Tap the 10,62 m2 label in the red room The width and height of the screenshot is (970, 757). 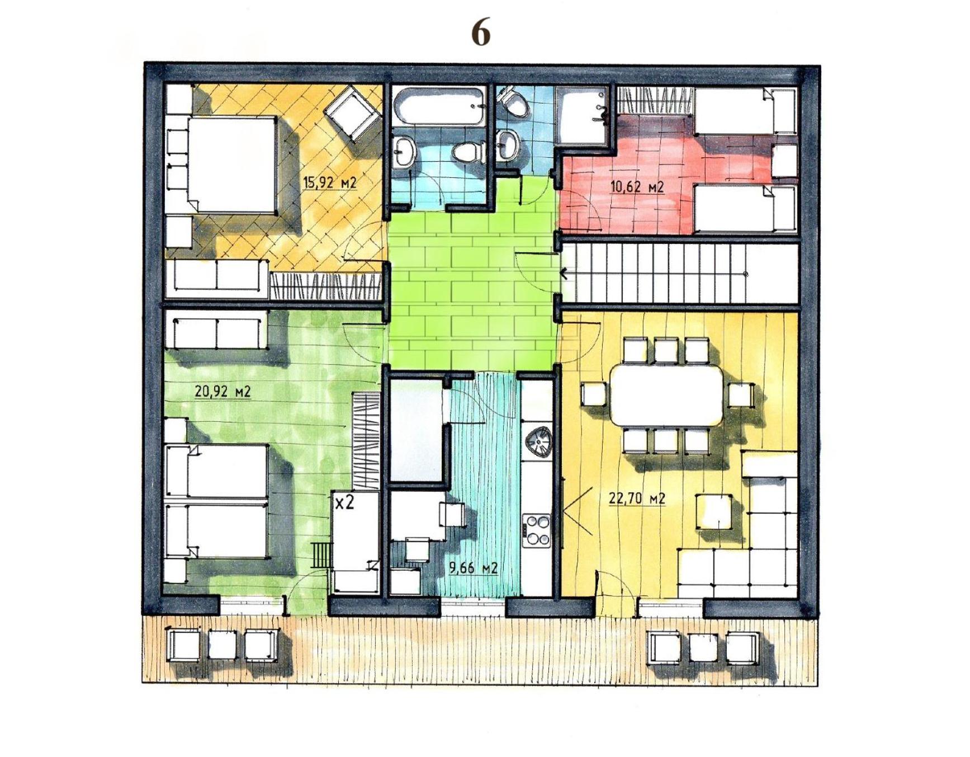click(x=637, y=186)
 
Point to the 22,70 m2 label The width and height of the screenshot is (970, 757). click(x=637, y=497)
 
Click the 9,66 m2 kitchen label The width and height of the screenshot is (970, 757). click(x=473, y=568)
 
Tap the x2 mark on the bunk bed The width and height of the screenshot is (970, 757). click(x=344, y=502)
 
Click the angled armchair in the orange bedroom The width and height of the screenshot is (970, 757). click(x=353, y=112)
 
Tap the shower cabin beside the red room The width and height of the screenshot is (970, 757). click(x=582, y=117)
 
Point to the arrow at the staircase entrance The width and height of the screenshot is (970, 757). click(x=564, y=274)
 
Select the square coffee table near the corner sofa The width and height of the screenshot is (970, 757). click(x=714, y=510)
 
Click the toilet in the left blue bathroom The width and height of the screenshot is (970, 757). click(x=467, y=151)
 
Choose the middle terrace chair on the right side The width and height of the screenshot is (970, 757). click(x=703, y=647)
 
